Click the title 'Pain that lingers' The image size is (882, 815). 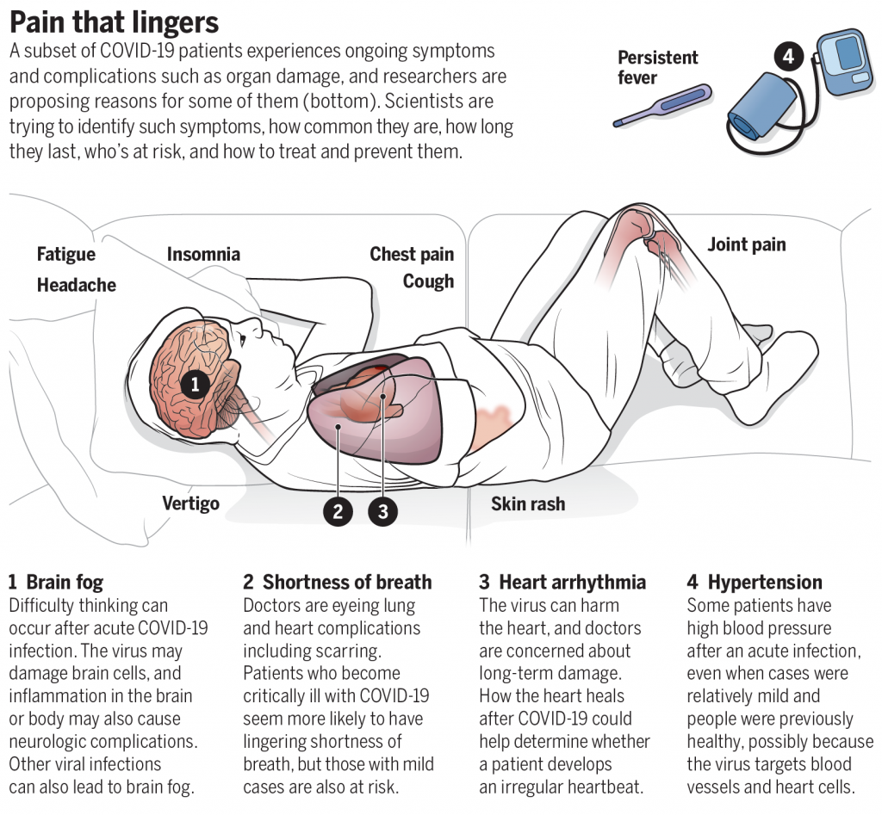[115, 23]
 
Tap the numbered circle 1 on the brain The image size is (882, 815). [196, 385]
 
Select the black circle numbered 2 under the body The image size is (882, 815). [338, 511]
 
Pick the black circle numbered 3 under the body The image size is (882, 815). [383, 511]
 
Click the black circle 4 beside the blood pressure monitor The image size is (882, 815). [789, 57]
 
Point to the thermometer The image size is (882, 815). [662, 106]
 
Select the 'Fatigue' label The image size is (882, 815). [66, 254]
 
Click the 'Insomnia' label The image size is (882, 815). [203, 254]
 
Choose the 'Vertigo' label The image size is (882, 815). [190, 503]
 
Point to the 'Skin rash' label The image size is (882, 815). [528, 503]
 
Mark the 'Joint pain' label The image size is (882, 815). [747, 244]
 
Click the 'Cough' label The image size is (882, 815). [428, 281]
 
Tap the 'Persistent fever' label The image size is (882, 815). [657, 67]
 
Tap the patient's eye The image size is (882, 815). [241, 339]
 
